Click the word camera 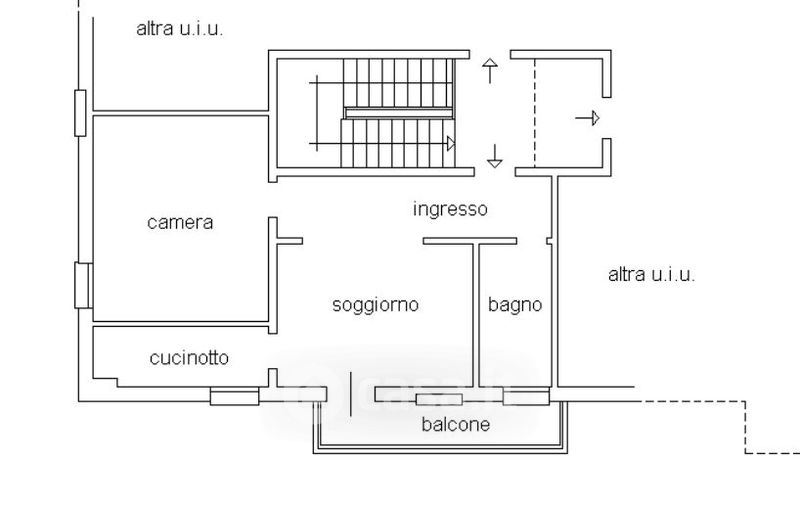[x=180, y=222]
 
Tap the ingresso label [x=450, y=209]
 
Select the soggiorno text [x=375, y=305]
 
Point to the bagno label [x=515, y=305]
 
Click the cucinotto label [x=189, y=357]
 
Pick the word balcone [x=455, y=424]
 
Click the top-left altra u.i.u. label [x=179, y=28]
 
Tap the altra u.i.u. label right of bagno [x=651, y=275]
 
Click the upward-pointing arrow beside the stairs [x=490, y=70]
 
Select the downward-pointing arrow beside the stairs [x=494, y=156]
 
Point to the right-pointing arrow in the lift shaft [x=588, y=118]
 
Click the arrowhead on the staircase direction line [x=451, y=144]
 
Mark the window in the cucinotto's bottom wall [x=235, y=397]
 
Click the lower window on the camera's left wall [x=83, y=285]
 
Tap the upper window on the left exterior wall [x=80, y=111]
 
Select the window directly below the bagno [x=525, y=398]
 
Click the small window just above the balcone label [x=439, y=400]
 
